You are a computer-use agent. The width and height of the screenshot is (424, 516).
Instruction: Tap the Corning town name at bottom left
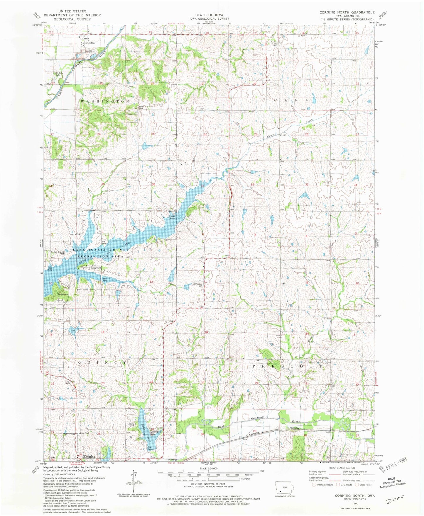click(x=89, y=457)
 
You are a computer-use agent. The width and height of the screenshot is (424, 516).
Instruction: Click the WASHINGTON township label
click(x=105, y=101)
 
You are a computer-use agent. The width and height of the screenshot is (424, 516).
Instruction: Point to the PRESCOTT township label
click(x=287, y=366)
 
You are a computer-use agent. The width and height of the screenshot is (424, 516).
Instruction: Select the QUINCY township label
click(x=102, y=362)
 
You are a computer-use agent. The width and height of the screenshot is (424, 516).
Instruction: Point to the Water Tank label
click(x=85, y=433)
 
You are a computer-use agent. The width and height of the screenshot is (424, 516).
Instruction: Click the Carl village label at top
click(x=275, y=45)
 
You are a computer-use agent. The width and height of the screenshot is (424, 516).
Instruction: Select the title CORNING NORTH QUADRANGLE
click(x=347, y=12)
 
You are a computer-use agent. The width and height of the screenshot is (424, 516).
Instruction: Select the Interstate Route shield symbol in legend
click(x=314, y=485)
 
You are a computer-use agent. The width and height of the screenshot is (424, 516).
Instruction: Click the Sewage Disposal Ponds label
click(x=58, y=253)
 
